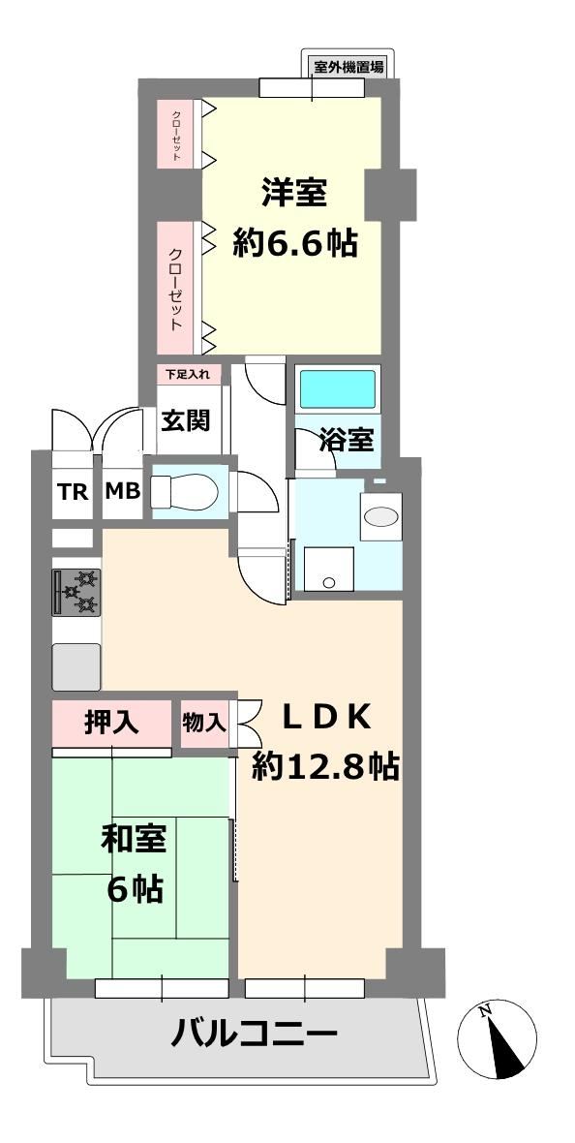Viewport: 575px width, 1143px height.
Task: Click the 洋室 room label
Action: pyautogui.click(x=294, y=195)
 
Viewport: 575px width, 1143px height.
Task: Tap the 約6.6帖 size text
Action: pyautogui.click(x=295, y=243)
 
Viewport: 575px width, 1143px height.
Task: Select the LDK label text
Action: pyautogui.click(x=327, y=719)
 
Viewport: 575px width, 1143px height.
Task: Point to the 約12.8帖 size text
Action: pyautogui.click(x=325, y=766)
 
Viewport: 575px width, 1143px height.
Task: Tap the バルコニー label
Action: pyautogui.click(x=255, y=1033)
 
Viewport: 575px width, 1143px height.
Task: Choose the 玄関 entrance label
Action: pyautogui.click(x=186, y=419)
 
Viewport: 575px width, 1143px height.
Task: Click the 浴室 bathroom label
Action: pyautogui.click(x=347, y=440)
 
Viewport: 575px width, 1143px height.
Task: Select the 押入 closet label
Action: pyautogui.click(x=111, y=723)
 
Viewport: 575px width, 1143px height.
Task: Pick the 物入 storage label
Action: pyautogui.click(x=204, y=723)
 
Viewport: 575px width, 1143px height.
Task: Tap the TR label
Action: pyautogui.click(x=73, y=492)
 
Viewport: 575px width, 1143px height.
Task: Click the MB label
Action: pyautogui.click(x=122, y=492)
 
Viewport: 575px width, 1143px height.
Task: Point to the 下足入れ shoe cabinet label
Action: pyautogui.click(x=187, y=375)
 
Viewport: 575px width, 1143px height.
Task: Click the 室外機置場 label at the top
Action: pyautogui.click(x=349, y=66)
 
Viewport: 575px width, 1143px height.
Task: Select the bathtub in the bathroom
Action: pyautogui.click(x=338, y=389)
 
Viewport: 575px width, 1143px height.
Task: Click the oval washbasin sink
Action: pyautogui.click(x=381, y=516)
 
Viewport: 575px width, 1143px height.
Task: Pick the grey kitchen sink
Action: pyautogui.click(x=76, y=666)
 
